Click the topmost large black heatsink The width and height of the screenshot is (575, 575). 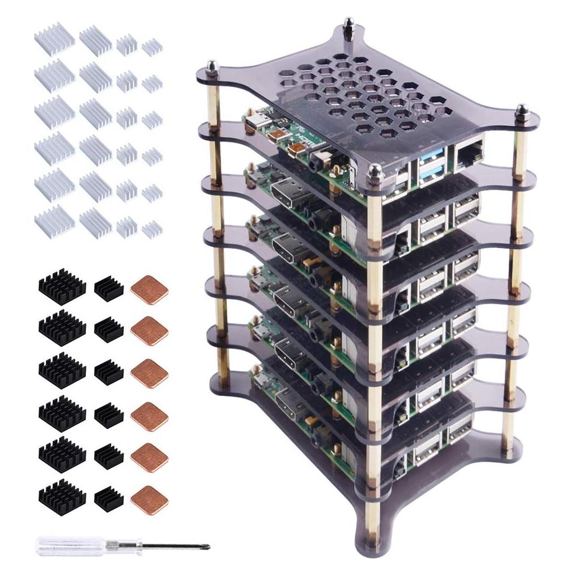(62, 286)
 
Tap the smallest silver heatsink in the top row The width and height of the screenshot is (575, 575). (151, 47)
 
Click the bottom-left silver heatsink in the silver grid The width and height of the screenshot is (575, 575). (54, 221)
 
